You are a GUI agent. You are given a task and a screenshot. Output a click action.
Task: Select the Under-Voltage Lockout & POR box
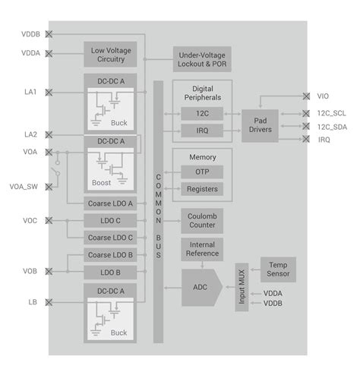tap(201, 60)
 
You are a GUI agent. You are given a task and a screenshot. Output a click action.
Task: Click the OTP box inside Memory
tap(201, 172)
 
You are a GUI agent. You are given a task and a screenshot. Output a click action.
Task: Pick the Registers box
tap(201, 188)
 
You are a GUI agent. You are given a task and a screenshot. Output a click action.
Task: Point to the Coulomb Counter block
tap(201, 221)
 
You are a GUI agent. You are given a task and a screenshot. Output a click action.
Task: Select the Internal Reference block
tap(201, 249)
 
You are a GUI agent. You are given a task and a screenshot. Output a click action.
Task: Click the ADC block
tap(200, 287)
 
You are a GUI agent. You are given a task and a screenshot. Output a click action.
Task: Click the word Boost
tap(102, 183)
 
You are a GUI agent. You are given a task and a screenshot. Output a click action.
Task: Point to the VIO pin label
tap(323, 96)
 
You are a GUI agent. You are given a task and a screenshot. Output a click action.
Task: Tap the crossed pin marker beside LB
tap(49, 302)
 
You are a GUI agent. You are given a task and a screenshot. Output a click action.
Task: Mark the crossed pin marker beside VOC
tap(49, 221)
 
